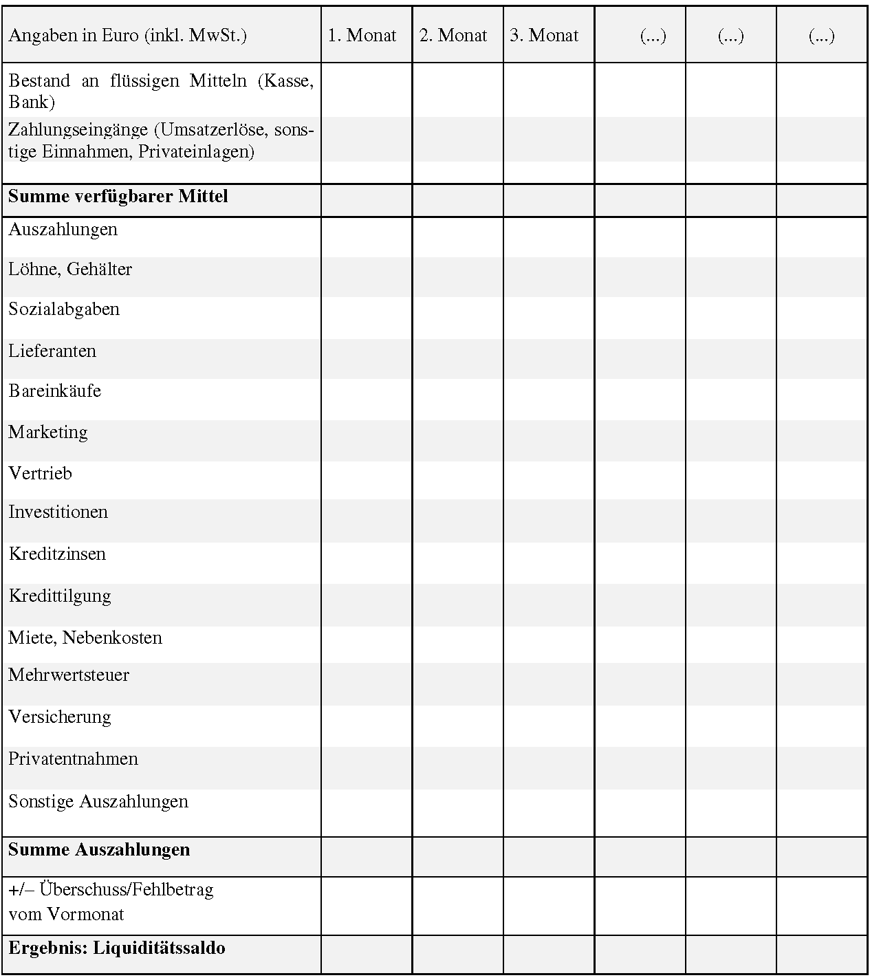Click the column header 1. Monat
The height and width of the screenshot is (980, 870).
click(x=362, y=36)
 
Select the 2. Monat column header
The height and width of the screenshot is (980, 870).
click(x=453, y=36)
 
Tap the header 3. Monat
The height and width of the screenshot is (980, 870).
click(x=544, y=36)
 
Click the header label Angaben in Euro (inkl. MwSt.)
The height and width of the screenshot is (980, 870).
click(x=128, y=36)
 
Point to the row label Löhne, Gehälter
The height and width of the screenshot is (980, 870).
click(x=70, y=270)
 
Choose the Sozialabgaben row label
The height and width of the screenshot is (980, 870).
click(x=64, y=309)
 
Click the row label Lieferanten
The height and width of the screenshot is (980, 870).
click(x=52, y=351)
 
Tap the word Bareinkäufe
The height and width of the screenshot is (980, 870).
click(x=55, y=391)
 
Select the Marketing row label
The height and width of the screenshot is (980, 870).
click(x=48, y=433)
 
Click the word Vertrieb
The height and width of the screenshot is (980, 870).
click(x=40, y=474)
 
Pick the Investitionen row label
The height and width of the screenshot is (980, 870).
click(x=58, y=512)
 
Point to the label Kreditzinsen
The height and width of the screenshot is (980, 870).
click(x=57, y=554)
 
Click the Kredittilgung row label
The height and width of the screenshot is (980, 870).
click(x=60, y=596)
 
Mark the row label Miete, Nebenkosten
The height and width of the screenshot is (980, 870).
click(x=85, y=638)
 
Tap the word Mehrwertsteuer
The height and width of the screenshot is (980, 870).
click(x=69, y=675)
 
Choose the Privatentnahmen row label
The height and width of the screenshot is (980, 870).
click(x=74, y=759)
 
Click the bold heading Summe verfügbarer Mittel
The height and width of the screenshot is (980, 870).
click(x=118, y=197)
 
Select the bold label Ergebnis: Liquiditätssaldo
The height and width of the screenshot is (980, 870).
click(x=117, y=948)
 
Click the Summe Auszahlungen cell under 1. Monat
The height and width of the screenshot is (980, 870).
click(x=367, y=856)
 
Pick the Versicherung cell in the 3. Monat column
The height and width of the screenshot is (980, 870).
click(x=549, y=726)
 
